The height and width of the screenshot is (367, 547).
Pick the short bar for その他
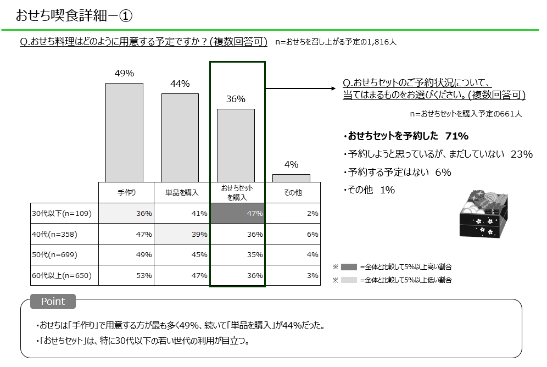pos(291,178)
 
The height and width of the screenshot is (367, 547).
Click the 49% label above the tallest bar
pos(125,74)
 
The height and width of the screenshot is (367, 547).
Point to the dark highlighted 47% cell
pos(238,213)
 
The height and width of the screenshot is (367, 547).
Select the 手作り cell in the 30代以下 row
pos(126,213)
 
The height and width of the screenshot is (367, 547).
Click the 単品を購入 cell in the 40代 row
pos(182,234)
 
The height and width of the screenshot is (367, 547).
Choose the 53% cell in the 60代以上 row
pos(126,275)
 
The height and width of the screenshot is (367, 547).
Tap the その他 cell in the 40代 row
pos(293,234)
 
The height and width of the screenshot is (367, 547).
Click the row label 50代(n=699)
pos(55,255)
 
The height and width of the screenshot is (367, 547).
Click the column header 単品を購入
pos(182,193)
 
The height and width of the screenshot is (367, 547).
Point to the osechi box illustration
pos(484,214)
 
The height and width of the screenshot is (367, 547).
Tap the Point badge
pos(53,302)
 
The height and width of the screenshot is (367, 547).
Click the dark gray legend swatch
pos(349,267)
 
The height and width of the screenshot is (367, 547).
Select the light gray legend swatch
pos(349,280)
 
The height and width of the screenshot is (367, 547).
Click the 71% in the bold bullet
pos(457,136)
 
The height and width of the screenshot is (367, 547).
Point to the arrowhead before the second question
pos(332,88)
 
